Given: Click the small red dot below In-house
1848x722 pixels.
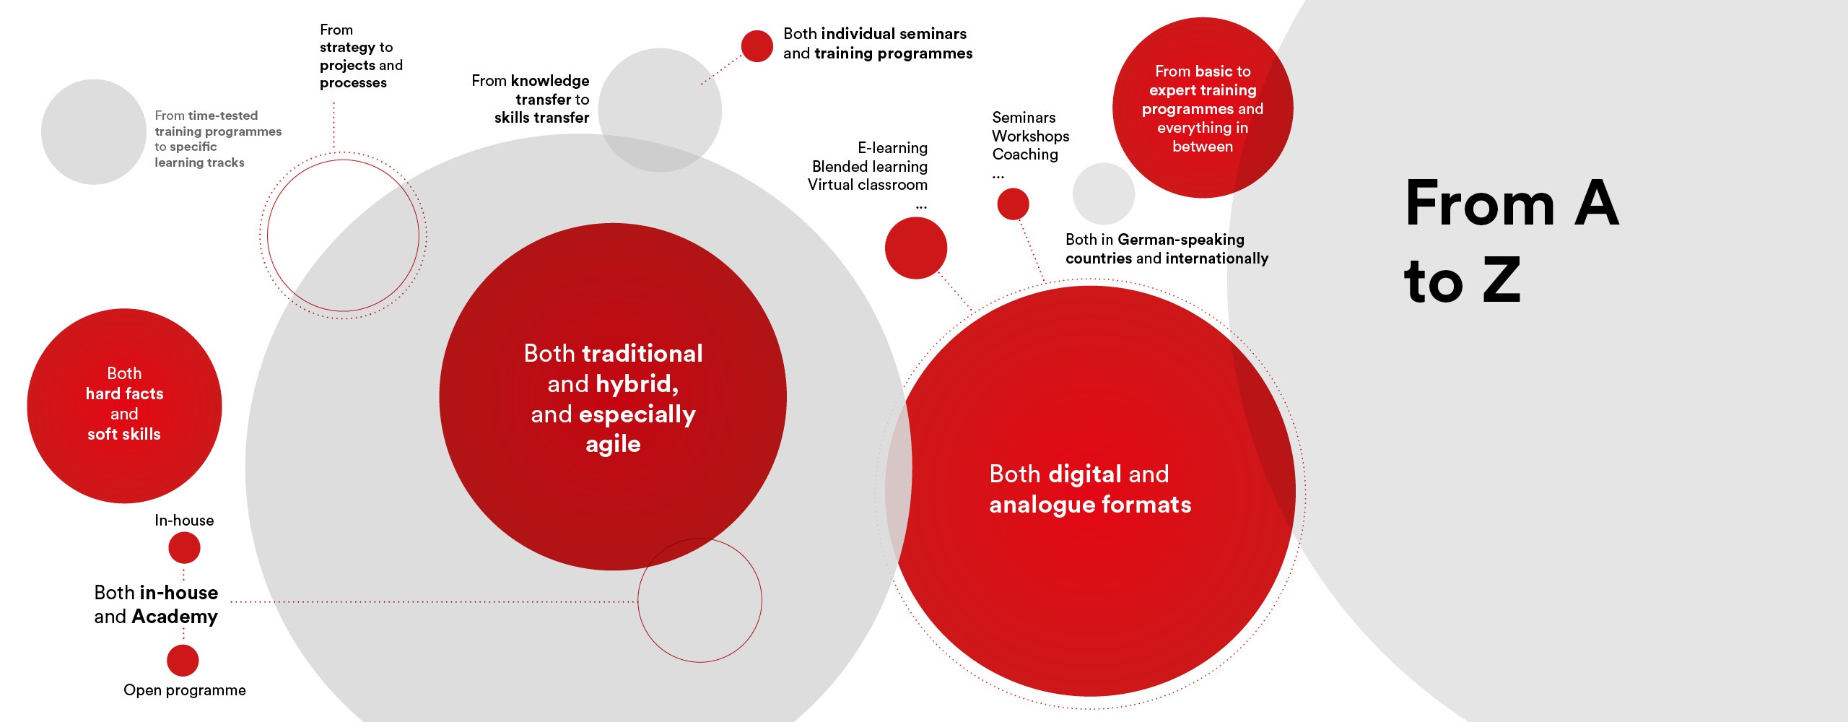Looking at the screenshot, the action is coord(184,548).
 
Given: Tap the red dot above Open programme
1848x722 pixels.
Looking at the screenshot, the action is coord(183,660).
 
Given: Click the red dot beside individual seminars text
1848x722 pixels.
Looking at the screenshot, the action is coord(757,46).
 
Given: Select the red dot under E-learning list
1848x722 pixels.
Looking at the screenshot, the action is coord(916,248).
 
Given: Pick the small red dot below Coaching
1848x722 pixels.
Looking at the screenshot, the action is coord(1013,204).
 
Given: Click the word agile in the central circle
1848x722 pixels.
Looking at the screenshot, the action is coord(613,445).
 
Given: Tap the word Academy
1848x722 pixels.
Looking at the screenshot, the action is coord(175,617).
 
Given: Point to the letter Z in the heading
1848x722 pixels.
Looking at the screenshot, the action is coord(1501,280).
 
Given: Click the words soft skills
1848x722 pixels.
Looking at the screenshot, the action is coord(124,434).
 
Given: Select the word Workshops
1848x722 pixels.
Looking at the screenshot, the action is coord(1031,136).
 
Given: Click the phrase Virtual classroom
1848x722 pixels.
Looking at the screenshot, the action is coord(868,185).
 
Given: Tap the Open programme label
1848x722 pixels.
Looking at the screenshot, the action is coord(185,690).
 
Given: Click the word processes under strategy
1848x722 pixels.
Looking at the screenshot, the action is coord(353,84).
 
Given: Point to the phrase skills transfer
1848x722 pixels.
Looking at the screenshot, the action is coord(541,118).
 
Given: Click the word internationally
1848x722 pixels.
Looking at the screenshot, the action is coord(1216,258).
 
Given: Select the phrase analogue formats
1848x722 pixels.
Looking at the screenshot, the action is coord(1090,505).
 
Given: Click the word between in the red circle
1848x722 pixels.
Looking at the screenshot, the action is coord(1203,147).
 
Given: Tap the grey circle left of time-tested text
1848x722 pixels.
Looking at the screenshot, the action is coord(94,131).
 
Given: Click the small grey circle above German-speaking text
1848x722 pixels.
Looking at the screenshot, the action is coord(1104,193).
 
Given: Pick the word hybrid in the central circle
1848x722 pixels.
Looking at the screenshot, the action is coord(637,384).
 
